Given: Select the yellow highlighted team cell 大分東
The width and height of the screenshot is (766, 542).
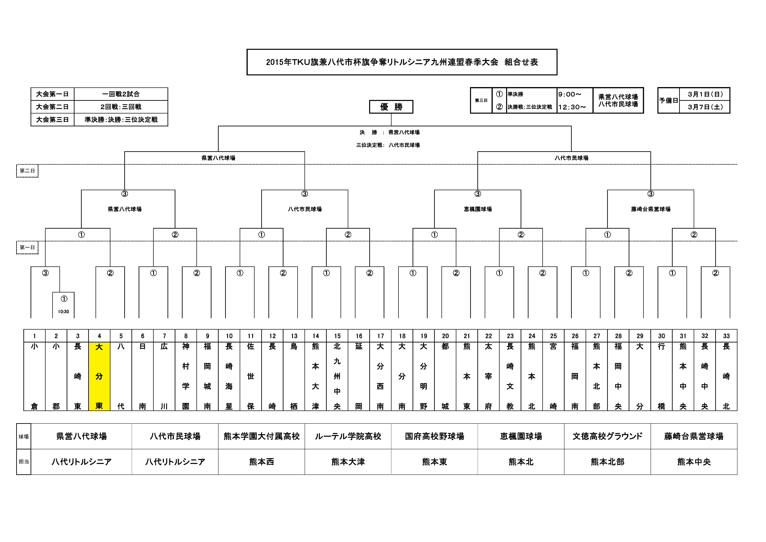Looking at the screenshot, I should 99,376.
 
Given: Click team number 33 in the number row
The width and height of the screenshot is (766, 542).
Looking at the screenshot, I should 726,336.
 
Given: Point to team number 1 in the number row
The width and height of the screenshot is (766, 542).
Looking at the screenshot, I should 34,336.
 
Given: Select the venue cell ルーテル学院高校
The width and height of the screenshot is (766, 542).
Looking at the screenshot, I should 348,436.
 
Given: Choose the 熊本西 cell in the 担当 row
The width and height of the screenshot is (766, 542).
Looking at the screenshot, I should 262,462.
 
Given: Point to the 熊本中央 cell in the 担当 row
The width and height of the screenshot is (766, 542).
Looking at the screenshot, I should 694,462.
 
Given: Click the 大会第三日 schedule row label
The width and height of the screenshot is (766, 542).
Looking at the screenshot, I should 52,119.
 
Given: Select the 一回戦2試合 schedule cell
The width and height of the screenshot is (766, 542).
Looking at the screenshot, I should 121,94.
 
